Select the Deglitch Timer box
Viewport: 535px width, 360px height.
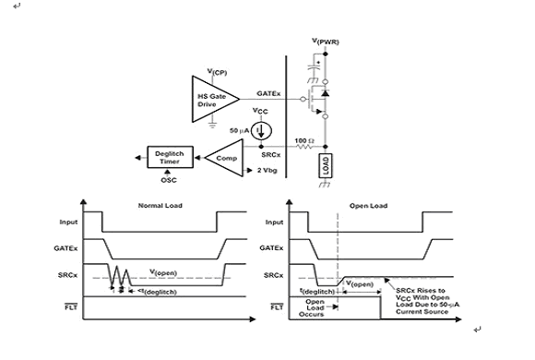click(171, 157)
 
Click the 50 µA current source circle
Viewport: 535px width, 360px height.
click(261, 131)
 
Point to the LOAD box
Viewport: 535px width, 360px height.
click(326, 165)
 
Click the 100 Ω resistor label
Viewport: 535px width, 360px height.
click(304, 140)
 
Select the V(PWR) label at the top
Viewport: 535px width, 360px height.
click(326, 42)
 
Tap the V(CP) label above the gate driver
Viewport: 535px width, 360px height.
click(217, 72)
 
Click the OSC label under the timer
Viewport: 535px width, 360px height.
click(169, 180)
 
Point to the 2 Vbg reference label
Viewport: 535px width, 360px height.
click(267, 171)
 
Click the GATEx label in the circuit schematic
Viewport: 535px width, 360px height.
click(268, 93)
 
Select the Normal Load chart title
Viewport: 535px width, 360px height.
click(160, 206)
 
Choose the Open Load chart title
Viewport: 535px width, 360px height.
click(368, 206)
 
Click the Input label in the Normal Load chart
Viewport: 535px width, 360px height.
click(68, 222)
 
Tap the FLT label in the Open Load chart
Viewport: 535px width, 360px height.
click(277, 307)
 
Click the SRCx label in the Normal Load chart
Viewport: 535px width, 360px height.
click(67, 275)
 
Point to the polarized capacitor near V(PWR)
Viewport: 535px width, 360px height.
click(315, 68)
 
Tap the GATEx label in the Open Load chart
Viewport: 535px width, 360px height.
click(271, 248)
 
